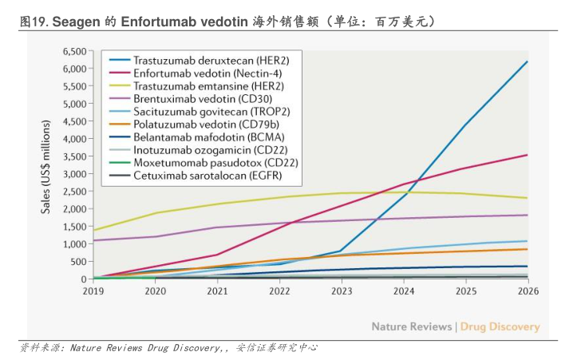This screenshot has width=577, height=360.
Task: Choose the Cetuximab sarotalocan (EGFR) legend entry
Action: click(x=196, y=175)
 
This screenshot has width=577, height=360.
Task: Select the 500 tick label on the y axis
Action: click(x=78, y=262)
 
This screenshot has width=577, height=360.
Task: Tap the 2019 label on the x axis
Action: click(x=94, y=291)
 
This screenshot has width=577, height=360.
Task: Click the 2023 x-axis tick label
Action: click(x=342, y=291)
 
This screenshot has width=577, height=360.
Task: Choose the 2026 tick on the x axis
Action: click(x=528, y=291)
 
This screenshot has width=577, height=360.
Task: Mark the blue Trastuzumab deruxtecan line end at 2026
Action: click(x=527, y=61)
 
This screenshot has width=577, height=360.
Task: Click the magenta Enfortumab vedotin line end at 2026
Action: click(x=527, y=155)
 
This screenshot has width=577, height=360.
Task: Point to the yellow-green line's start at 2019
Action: click(x=94, y=230)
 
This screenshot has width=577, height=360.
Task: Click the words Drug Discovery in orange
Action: click(x=500, y=326)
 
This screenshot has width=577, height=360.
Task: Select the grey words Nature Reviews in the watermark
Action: click(x=412, y=326)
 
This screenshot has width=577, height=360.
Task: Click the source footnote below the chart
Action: click(x=169, y=348)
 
